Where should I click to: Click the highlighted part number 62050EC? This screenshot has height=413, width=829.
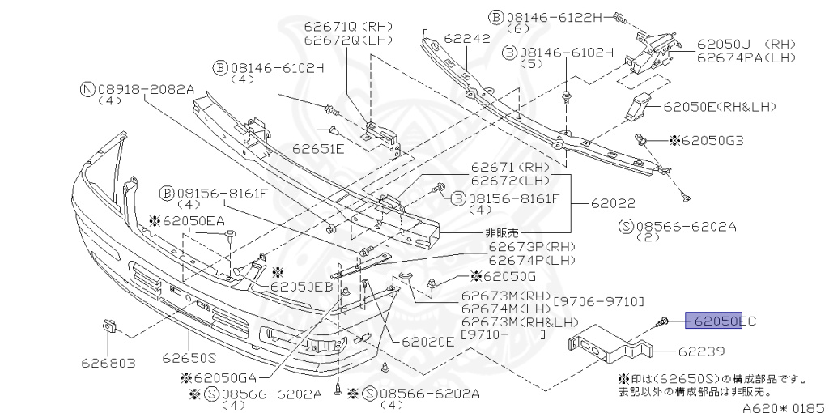coord(720,321)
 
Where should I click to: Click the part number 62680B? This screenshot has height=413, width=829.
coord(108,363)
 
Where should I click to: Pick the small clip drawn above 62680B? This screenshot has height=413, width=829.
coord(108,327)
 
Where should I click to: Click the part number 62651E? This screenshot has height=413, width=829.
coord(318,149)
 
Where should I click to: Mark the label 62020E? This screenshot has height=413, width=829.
coord(428,342)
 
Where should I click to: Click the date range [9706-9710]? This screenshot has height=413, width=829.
coord(598,301)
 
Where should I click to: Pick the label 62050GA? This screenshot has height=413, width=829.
coord(223,377)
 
